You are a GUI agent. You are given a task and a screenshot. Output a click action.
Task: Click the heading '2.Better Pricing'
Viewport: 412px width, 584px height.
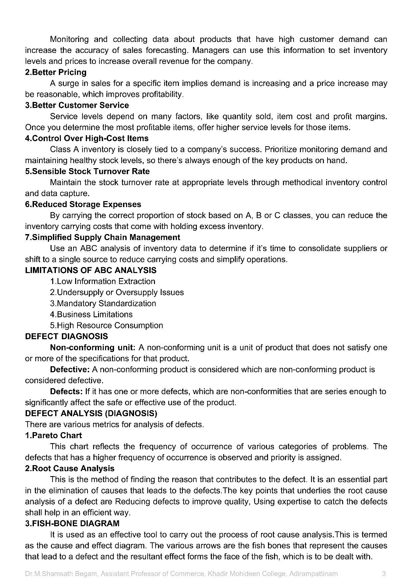coord(56,72)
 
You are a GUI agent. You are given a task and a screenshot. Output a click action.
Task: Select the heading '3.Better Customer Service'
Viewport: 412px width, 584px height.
coord(77,105)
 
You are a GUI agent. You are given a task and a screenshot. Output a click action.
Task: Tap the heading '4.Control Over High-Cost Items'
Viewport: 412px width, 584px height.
coord(87,138)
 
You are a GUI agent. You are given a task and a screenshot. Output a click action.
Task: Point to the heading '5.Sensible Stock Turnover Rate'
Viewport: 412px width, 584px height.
coord(87,171)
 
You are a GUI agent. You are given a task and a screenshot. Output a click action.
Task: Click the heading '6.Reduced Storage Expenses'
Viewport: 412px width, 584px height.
coord(83,204)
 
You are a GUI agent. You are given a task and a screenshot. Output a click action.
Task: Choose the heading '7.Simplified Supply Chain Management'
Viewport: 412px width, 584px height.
coord(102,237)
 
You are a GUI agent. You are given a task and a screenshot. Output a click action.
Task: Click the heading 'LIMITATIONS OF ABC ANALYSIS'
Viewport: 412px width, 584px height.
coord(91,270)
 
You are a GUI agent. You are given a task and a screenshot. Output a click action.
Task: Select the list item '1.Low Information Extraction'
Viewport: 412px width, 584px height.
coord(102,281)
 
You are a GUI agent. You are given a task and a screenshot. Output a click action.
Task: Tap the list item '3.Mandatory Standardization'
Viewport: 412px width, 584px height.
coord(103,303)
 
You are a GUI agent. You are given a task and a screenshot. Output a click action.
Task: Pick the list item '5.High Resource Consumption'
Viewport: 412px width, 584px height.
coord(106,325)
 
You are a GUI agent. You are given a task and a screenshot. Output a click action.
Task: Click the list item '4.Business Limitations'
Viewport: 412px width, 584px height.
coord(91,314)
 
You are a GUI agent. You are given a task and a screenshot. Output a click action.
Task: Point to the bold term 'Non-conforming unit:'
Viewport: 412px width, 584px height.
coord(92,347)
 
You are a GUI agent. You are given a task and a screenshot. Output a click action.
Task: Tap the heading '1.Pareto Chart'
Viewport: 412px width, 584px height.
coord(53,435)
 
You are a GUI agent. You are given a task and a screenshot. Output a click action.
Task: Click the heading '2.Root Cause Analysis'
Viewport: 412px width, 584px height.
coord(69,468)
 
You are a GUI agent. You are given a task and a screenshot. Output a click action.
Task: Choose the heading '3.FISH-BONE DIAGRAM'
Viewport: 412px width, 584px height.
coord(72,523)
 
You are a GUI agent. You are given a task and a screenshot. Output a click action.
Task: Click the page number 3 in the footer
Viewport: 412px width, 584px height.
coord(384,574)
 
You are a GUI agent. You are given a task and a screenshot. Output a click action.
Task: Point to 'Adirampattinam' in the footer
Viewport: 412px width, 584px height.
coord(313,574)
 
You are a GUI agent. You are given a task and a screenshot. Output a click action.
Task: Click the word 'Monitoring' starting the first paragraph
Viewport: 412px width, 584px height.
coord(69,39)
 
